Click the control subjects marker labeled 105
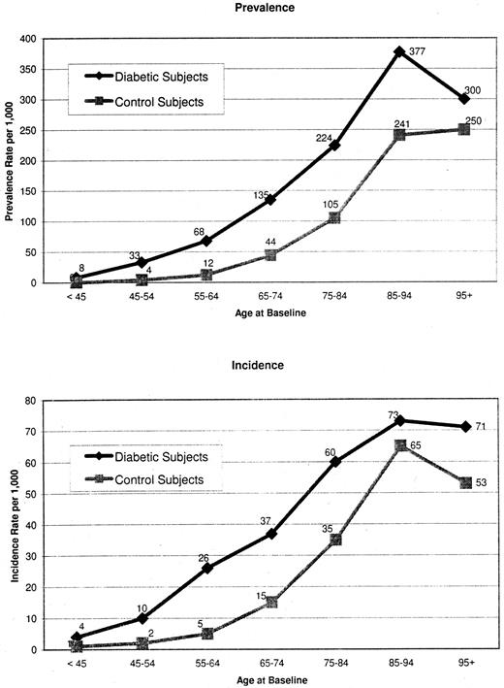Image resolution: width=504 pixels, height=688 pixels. coord(307,218)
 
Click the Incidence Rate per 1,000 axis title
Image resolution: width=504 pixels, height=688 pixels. coord(15,525)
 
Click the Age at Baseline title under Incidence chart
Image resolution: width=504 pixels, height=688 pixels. coord(268,681)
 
